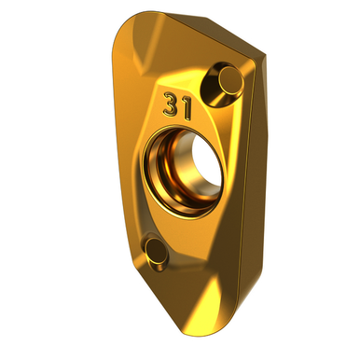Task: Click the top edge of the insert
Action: (187, 19)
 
